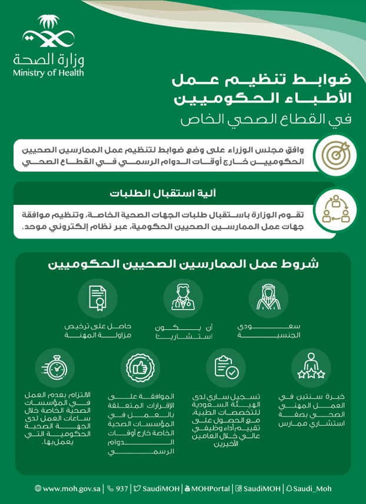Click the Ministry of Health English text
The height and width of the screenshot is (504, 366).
tap(48, 73)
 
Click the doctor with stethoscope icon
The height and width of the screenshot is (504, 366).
tap(182, 299)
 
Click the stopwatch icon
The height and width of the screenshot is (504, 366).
tap(55, 368)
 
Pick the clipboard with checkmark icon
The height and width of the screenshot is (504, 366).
tap(225, 368)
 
